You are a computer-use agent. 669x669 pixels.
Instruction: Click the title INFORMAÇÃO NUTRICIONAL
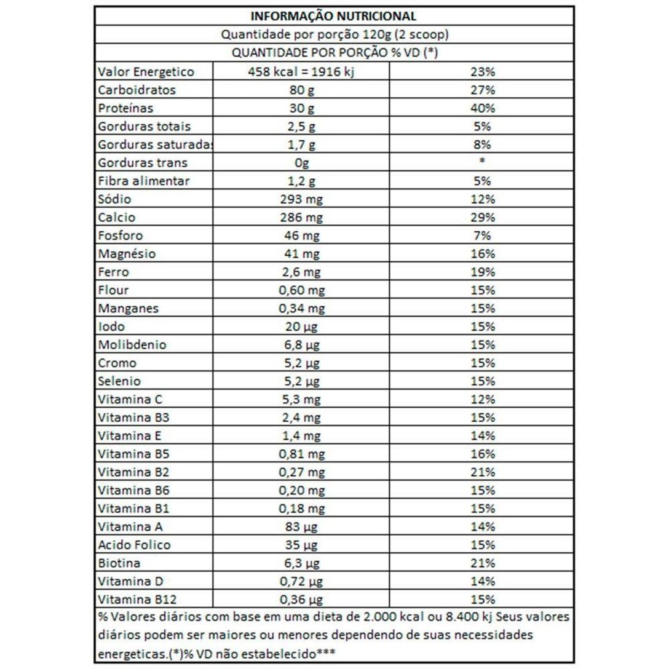(x=334, y=16)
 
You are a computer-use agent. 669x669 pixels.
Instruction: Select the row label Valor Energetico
(x=146, y=72)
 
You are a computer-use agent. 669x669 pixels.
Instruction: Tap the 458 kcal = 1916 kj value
(x=302, y=72)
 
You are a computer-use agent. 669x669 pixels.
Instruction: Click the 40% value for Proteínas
(x=482, y=108)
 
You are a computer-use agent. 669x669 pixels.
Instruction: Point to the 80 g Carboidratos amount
(x=302, y=90)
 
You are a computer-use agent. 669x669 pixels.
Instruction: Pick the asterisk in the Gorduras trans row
(x=482, y=162)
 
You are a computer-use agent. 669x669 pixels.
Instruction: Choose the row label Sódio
(x=114, y=199)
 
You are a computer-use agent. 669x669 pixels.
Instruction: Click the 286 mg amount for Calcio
(x=302, y=218)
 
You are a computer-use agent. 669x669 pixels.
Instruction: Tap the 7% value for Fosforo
(x=482, y=236)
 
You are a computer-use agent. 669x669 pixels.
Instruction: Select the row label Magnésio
(x=127, y=254)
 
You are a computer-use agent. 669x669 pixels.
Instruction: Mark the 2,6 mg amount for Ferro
(x=302, y=272)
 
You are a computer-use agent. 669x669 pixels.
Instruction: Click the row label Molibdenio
(x=132, y=345)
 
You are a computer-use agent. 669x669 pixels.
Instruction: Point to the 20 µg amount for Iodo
(x=302, y=327)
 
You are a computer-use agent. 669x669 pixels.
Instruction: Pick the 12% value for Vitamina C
(x=482, y=400)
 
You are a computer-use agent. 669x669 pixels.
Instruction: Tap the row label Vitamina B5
(x=133, y=454)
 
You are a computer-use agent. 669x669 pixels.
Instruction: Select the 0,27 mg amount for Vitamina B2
(x=302, y=472)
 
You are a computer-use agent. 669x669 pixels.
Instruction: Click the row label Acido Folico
(x=134, y=545)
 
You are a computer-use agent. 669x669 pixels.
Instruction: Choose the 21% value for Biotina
(x=482, y=563)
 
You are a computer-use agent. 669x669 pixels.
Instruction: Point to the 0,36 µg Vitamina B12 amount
(x=302, y=600)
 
